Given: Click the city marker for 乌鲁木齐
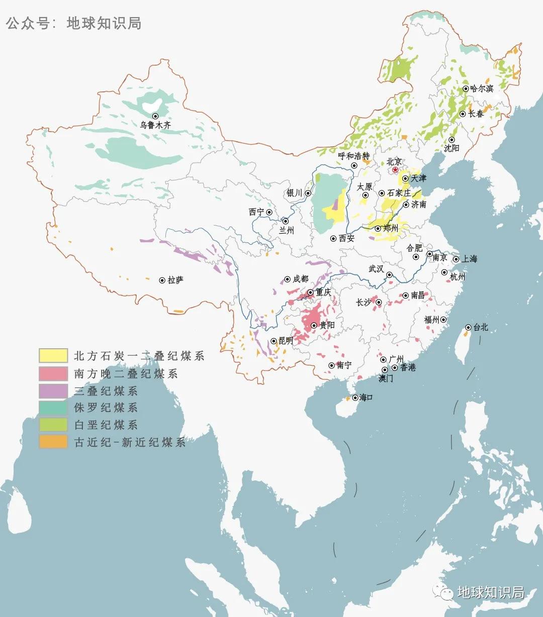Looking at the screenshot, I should click(x=155, y=116).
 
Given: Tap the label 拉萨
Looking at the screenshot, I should click(x=175, y=280).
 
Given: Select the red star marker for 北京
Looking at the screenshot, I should click(x=396, y=170).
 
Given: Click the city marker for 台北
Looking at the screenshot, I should click(x=468, y=327).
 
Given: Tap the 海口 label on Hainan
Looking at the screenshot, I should click(x=366, y=397).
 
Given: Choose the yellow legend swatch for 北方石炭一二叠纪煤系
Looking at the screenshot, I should click(x=53, y=356).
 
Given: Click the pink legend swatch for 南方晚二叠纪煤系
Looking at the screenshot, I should click(x=53, y=373).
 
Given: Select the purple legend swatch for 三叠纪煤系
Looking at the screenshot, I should click(x=53, y=390).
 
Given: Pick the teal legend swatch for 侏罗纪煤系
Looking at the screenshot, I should click(x=53, y=407).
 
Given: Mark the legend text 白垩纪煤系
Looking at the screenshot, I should click(x=106, y=425).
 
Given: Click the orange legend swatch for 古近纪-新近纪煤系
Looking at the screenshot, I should click(x=53, y=442).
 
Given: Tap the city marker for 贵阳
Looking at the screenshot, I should click(x=314, y=326).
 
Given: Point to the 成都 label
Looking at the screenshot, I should click(x=300, y=279).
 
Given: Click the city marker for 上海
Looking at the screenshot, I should click(x=456, y=259).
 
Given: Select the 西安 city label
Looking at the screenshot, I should click(x=346, y=239).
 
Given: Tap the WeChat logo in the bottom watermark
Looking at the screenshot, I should click(x=444, y=593).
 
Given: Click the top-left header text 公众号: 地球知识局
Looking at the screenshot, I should click(x=74, y=23).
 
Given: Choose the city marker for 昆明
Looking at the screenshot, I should click(x=274, y=341).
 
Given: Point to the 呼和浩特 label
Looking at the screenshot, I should click(x=353, y=156).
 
